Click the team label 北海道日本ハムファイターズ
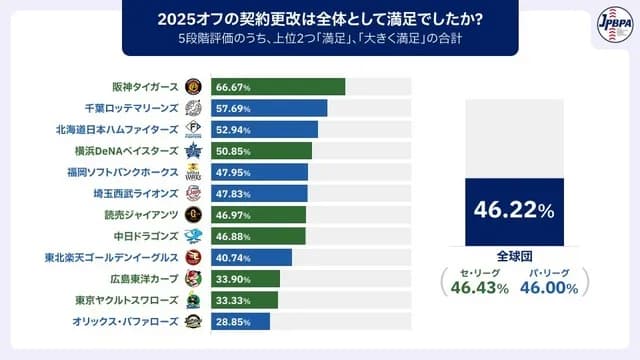117,129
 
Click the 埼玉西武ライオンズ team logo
193,193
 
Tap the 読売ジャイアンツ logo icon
193,214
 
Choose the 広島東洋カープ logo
193,278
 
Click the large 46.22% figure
514,211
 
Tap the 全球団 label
514,254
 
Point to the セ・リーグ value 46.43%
474,286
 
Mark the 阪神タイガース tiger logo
193,87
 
